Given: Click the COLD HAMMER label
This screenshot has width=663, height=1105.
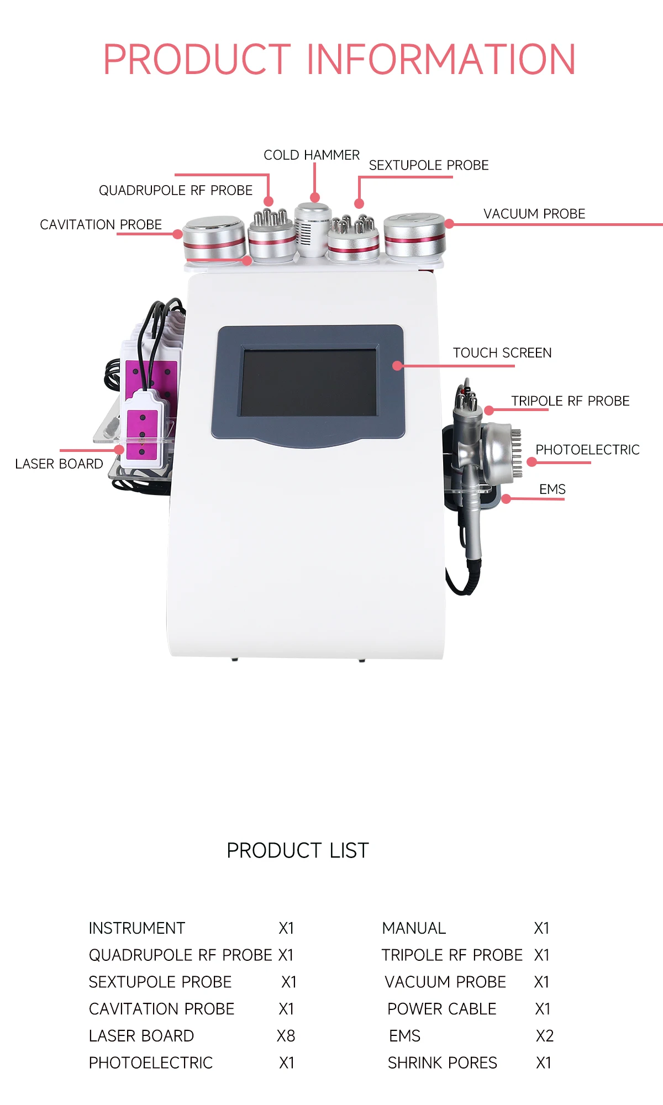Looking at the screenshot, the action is click(311, 155).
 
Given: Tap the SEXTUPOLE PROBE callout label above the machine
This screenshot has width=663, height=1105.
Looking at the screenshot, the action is click(429, 165).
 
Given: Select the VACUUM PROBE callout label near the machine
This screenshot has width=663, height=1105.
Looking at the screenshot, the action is click(534, 214).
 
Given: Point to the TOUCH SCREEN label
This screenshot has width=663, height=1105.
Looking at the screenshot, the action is click(502, 353).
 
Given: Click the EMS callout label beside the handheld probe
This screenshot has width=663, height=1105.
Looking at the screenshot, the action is click(552, 490).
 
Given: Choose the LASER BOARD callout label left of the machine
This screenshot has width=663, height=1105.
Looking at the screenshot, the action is click(59, 464).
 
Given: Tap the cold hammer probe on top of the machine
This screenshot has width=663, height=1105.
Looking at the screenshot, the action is click(312, 229).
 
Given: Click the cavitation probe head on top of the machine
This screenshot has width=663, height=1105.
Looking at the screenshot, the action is click(214, 238).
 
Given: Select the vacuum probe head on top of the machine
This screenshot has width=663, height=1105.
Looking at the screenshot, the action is click(414, 235).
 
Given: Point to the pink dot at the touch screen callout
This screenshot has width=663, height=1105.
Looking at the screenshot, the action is click(397, 366).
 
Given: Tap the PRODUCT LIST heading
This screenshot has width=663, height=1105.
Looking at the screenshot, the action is click(297, 851).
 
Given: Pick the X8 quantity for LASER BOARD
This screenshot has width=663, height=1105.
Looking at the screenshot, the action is click(286, 1036).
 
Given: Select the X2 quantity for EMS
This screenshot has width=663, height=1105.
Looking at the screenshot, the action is click(544, 1036).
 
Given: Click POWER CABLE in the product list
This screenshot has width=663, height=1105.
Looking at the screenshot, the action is click(441, 1009).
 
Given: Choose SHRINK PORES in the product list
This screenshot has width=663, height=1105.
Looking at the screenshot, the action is click(442, 1063).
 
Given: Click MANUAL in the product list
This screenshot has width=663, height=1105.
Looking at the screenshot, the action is click(414, 928).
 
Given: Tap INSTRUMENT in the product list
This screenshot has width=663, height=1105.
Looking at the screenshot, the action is click(136, 928).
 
